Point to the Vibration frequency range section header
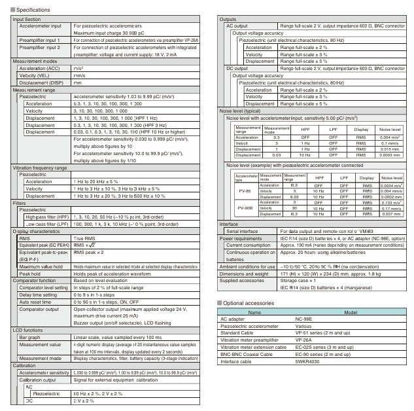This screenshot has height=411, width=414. [41, 168]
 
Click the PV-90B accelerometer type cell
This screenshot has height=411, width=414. [245, 209]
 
